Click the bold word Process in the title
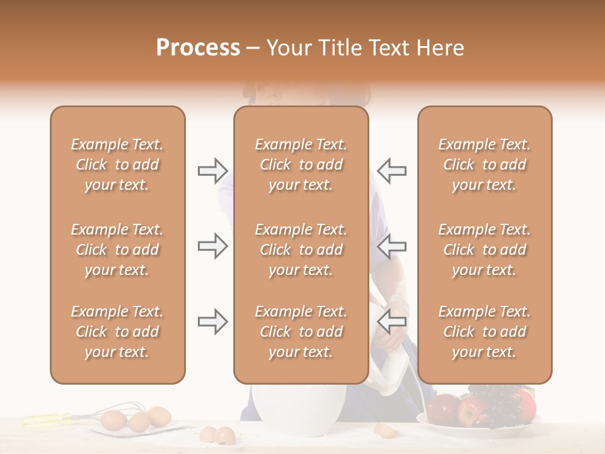click(198, 48)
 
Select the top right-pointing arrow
click(212, 170)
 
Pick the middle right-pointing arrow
click(212, 246)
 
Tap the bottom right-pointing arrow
click(212, 322)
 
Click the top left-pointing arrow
click(391, 170)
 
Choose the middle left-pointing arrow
click(391, 246)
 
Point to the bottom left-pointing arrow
click(391, 321)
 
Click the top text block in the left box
click(117, 165)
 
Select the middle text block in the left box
click(117, 250)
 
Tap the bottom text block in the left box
click(117, 332)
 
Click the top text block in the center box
click(301, 165)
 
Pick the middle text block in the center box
click(301, 250)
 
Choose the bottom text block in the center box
click(301, 332)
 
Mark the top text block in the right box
click(485, 165)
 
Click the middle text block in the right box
click(485, 250)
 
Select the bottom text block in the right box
click(485, 332)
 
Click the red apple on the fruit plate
click(470, 411)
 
